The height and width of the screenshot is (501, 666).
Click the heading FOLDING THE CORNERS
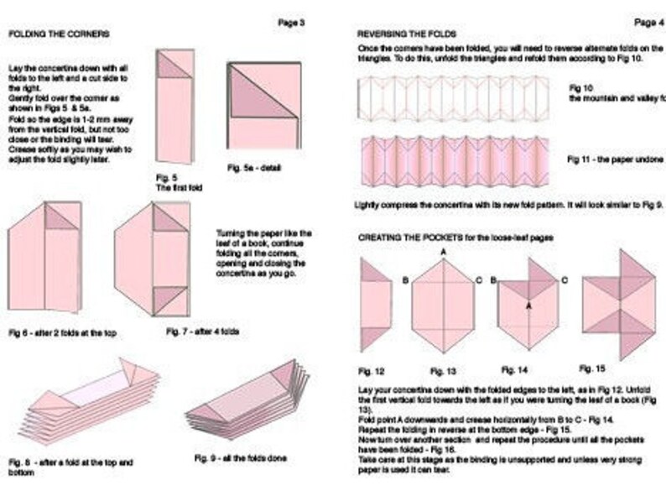(58, 34)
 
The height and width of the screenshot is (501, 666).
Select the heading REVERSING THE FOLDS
(401, 34)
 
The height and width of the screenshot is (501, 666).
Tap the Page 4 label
(647, 22)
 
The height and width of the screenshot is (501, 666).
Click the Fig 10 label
(581, 87)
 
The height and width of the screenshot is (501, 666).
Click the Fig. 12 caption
(372, 370)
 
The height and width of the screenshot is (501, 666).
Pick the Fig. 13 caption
(443, 370)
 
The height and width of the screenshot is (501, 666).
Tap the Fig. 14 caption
(515, 369)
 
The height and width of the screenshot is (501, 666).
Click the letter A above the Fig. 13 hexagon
(442, 252)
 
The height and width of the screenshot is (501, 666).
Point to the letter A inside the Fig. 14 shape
(528, 306)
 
